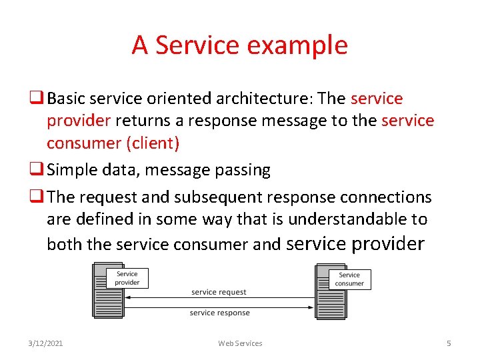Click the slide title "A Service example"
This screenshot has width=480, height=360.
239,45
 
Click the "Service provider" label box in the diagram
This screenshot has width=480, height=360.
127,278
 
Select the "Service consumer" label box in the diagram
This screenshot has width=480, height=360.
349,279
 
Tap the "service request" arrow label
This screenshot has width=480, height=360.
219,292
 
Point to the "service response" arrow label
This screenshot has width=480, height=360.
219,313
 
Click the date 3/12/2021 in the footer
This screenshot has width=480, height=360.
46,343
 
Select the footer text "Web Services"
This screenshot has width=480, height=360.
240,343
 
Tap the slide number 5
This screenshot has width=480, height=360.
449,343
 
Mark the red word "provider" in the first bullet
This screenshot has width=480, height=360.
78,121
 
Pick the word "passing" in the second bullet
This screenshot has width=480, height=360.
242,171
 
